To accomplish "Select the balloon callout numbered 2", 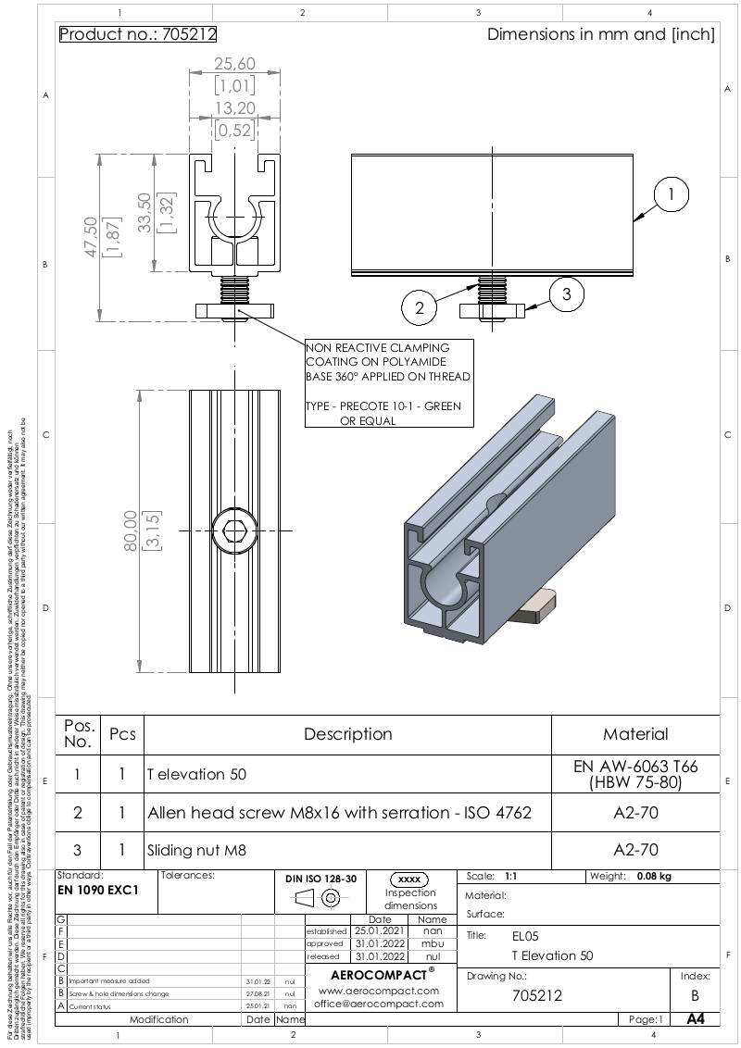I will coord(420,308).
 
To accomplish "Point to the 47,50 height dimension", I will coord(90,240).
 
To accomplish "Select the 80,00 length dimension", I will coord(130,530).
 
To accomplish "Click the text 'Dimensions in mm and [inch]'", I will coord(600,35).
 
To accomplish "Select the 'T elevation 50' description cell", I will coord(196,774).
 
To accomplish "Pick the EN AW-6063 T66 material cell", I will coord(635,774).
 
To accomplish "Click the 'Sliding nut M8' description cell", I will coord(197,849).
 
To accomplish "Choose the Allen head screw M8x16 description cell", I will coord(339,813).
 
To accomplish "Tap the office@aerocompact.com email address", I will coord(376,1003).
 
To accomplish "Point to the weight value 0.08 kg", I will coord(653,876).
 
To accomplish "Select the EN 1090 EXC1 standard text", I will coord(98,889).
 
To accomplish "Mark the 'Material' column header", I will coord(635,734).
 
